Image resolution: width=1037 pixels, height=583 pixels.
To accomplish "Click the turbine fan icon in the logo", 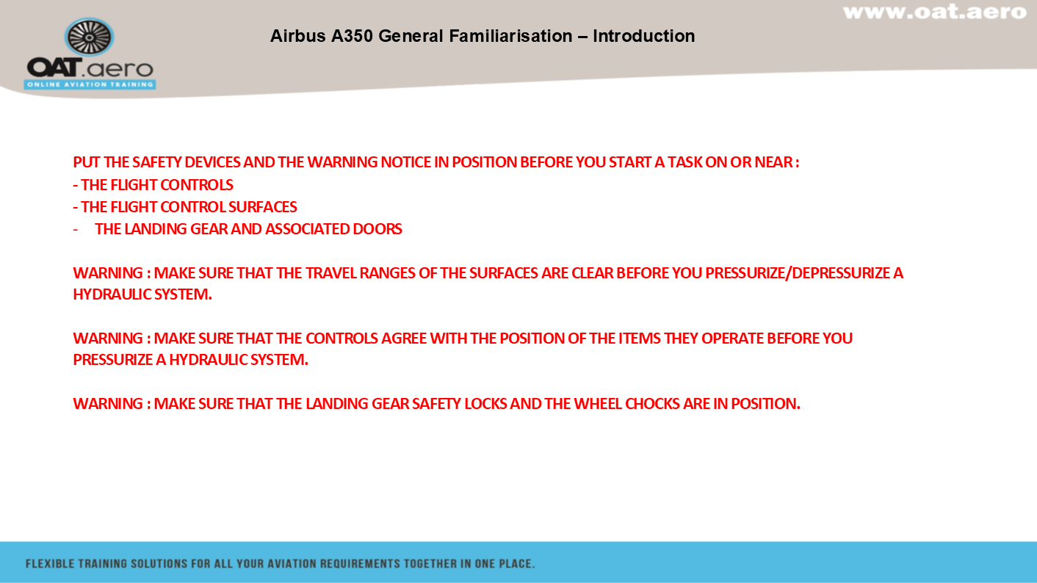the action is pyautogui.click(x=90, y=37).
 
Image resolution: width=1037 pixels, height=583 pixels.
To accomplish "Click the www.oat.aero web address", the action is pyautogui.click(x=935, y=12).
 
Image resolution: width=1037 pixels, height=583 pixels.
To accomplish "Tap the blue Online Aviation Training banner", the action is pyautogui.click(x=90, y=84).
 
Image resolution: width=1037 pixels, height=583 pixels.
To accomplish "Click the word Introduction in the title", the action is pyautogui.click(x=644, y=36).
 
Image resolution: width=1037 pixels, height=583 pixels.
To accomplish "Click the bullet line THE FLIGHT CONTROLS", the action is pyautogui.click(x=153, y=185).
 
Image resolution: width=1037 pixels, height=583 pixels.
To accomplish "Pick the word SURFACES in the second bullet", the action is pyautogui.click(x=262, y=207).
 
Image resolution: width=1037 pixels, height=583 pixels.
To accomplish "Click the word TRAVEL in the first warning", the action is pyautogui.click(x=331, y=273).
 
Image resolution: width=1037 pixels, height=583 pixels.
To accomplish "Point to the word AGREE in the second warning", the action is pyautogui.click(x=404, y=338).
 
